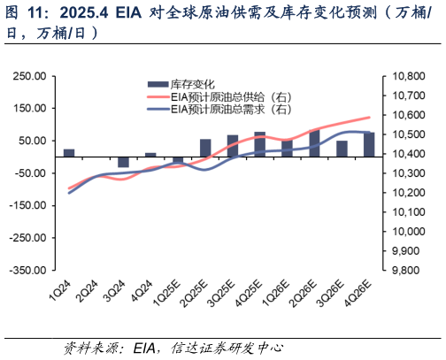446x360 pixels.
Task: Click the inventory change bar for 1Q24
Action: point(69,152)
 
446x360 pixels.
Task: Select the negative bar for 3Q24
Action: point(124,161)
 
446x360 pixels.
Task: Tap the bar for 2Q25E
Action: point(205,147)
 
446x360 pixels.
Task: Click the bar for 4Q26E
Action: point(369,144)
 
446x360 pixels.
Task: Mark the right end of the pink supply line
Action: point(370,117)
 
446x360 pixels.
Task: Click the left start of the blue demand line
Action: point(69,192)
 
